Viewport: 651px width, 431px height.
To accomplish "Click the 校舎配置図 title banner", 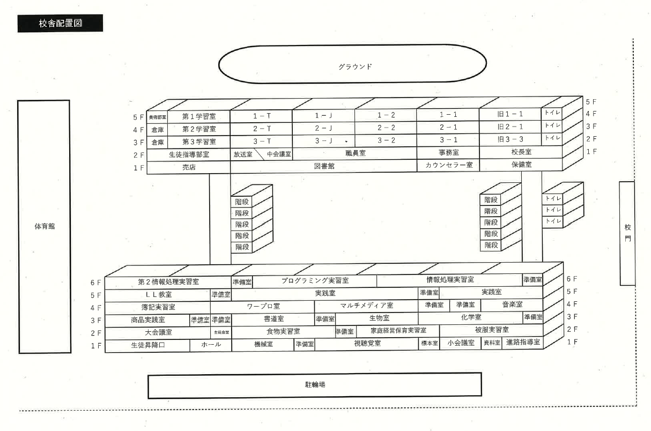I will tap(60, 24).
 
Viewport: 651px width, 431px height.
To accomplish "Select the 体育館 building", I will tap(44, 226).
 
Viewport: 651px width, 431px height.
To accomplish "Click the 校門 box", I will tap(627, 233).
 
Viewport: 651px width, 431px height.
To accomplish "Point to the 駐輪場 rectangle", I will tap(314, 385).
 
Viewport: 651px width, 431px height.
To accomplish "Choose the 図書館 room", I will tap(324, 166).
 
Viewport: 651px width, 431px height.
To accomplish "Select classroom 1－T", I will tap(261, 115).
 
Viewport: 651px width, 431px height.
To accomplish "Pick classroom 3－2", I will tap(386, 140).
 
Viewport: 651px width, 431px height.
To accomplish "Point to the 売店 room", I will tap(189, 167).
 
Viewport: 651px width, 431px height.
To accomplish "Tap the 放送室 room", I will tap(242, 154).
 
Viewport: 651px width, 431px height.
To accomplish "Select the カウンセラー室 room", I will tap(448, 165).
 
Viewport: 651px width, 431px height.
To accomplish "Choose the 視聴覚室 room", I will tap(367, 344).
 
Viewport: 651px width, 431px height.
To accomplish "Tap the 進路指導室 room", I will tap(522, 342).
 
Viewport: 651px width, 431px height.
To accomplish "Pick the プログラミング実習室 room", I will tap(315, 280).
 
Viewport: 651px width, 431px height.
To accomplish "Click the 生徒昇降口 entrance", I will tap(147, 345).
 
